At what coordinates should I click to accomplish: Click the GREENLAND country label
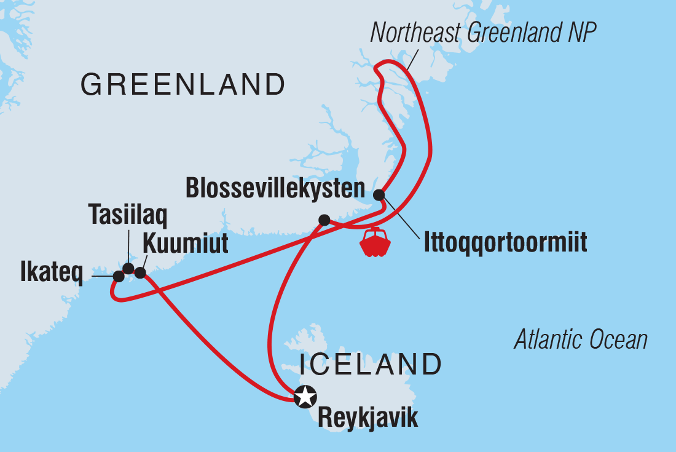click(183, 85)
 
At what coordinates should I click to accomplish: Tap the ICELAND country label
click(371, 364)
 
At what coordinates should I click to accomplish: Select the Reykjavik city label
click(367, 418)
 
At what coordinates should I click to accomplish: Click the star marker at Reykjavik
click(305, 397)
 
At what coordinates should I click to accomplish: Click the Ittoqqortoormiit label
click(505, 242)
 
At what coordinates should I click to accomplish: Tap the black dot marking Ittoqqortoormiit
click(380, 195)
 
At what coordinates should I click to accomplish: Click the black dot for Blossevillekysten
click(324, 220)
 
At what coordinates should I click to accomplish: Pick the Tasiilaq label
click(128, 215)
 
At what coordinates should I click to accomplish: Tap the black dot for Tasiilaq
click(128, 268)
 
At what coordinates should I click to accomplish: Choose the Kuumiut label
click(185, 244)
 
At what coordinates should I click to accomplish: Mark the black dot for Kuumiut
click(140, 272)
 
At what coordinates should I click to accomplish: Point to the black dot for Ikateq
click(119, 277)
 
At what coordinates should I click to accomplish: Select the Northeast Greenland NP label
click(483, 33)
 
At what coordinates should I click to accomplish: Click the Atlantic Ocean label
click(581, 339)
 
